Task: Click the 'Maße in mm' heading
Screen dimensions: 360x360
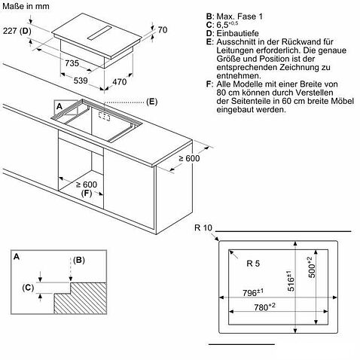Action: click(26, 6)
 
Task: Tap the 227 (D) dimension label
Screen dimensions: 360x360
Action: click(17, 31)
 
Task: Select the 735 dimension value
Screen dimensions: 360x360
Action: click(72, 63)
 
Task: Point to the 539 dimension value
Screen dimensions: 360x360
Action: click(81, 81)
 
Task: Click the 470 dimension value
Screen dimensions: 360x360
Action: click(120, 82)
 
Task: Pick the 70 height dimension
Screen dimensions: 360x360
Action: click(163, 30)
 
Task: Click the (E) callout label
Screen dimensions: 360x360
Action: click(152, 102)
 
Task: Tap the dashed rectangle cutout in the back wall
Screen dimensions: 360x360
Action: click(104, 116)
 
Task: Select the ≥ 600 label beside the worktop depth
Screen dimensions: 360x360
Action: click(189, 158)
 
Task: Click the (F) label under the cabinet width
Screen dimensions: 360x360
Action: click(87, 194)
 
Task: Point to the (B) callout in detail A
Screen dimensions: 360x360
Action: click(79, 260)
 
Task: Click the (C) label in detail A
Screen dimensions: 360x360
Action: click(28, 288)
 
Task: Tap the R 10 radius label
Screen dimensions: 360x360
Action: click(203, 228)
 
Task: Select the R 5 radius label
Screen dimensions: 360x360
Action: click(253, 264)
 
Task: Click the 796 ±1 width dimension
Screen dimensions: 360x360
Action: click(253, 292)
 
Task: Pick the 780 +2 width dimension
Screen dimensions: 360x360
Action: click(264, 307)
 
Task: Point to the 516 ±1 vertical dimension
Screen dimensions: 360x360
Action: click(291, 281)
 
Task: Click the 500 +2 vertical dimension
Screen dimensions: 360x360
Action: click(312, 267)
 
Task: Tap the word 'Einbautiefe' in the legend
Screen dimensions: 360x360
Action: click(238, 33)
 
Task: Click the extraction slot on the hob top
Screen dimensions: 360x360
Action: click(99, 32)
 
